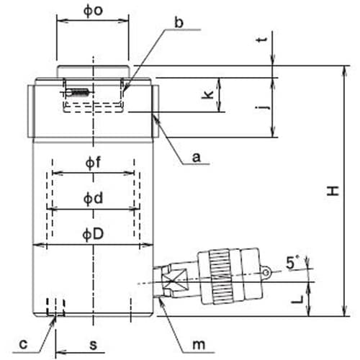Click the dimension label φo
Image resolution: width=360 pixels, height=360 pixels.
[x=93, y=11]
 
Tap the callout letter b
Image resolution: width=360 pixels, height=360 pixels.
[x=179, y=22]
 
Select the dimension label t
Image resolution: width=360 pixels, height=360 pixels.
[x=262, y=40]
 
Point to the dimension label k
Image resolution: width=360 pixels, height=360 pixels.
[x=208, y=94]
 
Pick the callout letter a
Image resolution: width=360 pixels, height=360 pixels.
[x=197, y=158]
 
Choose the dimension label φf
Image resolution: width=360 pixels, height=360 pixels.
[x=93, y=163]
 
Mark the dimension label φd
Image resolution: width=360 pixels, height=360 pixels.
[x=93, y=199]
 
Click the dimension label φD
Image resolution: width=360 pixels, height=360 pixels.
[x=93, y=234]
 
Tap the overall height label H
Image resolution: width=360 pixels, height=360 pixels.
[x=333, y=191]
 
